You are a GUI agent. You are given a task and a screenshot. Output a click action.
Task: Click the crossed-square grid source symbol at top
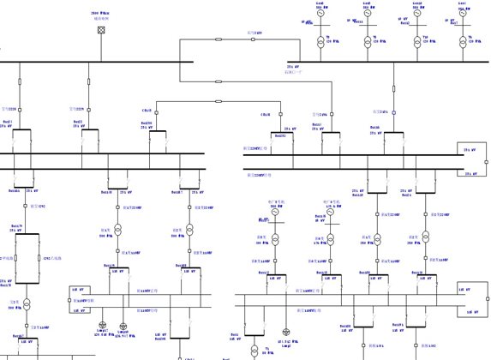(x=102, y=30)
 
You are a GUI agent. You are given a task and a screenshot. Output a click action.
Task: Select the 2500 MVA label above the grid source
(x=101, y=15)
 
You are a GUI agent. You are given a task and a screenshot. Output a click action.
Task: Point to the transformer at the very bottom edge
(x=254, y=351)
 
